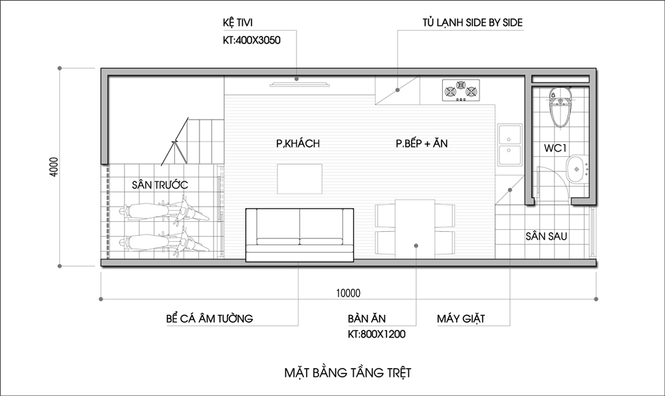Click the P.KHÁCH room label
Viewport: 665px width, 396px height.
(x=298, y=144)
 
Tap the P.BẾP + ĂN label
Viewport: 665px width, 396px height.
(x=422, y=143)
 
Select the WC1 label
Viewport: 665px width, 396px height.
(x=555, y=148)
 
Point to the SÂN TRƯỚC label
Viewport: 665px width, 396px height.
(x=160, y=185)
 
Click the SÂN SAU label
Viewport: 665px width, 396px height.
(x=546, y=236)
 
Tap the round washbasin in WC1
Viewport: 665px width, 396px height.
(x=577, y=169)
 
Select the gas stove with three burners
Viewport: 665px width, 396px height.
(x=461, y=90)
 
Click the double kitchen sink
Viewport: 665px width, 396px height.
(x=510, y=145)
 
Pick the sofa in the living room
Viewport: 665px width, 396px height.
(x=300, y=235)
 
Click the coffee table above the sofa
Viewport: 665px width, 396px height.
(x=299, y=179)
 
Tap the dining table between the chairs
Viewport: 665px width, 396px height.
(x=415, y=229)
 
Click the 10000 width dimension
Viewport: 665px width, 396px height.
(x=348, y=293)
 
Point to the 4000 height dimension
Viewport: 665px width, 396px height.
(x=54, y=167)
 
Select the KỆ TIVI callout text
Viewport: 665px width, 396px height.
(x=238, y=23)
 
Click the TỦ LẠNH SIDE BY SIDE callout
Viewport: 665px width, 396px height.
(x=472, y=23)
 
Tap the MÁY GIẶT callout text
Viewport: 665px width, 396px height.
(x=461, y=318)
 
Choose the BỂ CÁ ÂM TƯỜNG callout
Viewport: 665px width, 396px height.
(x=209, y=318)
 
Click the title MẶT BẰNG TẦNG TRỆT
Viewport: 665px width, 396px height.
(x=348, y=373)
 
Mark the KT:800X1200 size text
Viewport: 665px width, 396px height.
(x=376, y=334)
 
